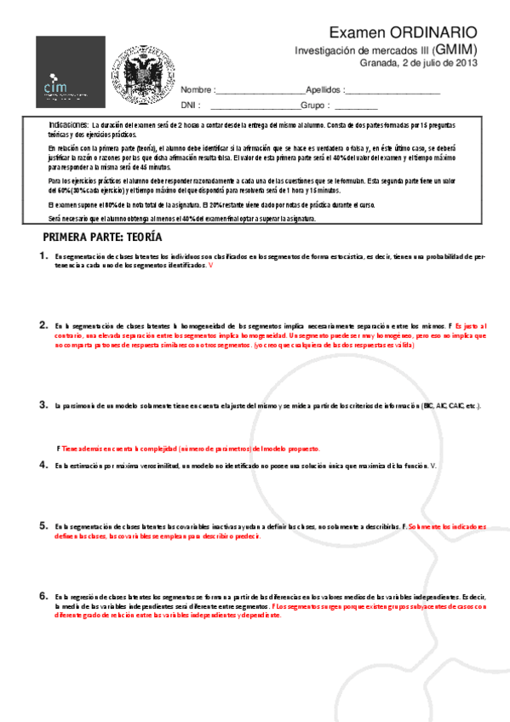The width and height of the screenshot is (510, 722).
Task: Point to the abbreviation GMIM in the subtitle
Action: click(457, 50)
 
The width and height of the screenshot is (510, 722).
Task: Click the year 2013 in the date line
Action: click(467, 63)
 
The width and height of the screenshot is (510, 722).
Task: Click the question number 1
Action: click(43, 255)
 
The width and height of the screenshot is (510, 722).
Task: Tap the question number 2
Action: click(43, 325)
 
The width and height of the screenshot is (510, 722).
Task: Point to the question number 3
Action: click(43, 405)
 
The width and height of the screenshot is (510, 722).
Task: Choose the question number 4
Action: click(43, 465)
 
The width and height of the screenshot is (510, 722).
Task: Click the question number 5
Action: click(43, 526)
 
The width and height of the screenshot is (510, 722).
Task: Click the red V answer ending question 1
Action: click(210, 266)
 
